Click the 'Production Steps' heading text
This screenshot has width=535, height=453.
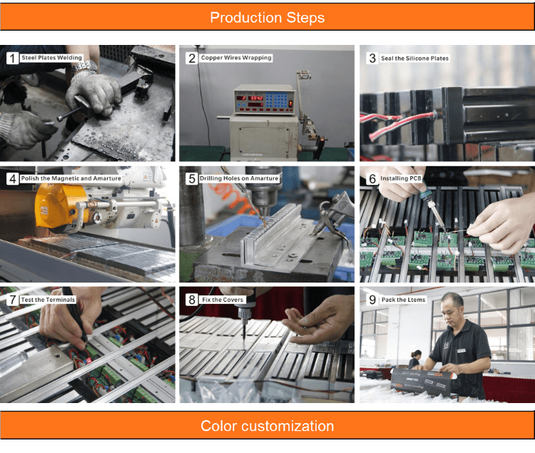click(x=267, y=17)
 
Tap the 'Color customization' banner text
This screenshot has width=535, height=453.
click(x=267, y=426)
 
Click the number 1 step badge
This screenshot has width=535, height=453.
click(x=12, y=58)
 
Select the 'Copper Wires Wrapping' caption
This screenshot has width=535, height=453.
click(x=236, y=58)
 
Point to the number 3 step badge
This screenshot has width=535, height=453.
click(x=372, y=58)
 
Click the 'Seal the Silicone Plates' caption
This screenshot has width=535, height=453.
click(x=414, y=58)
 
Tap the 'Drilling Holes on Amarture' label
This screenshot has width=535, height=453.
click(x=239, y=178)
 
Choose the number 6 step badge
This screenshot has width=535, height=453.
click(x=372, y=179)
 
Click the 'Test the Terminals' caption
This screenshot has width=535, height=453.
click(x=48, y=300)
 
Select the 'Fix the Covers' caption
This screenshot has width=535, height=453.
click(x=223, y=300)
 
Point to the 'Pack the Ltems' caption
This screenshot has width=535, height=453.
click(x=403, y=300)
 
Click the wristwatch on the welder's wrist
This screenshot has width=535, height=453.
click(x=86, y=67)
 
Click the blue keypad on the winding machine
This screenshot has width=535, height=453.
click(x=276, y=100)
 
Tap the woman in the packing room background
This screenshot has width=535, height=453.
click(x=415, y=360)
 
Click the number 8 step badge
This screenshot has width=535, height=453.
click(x=192, y=300)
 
